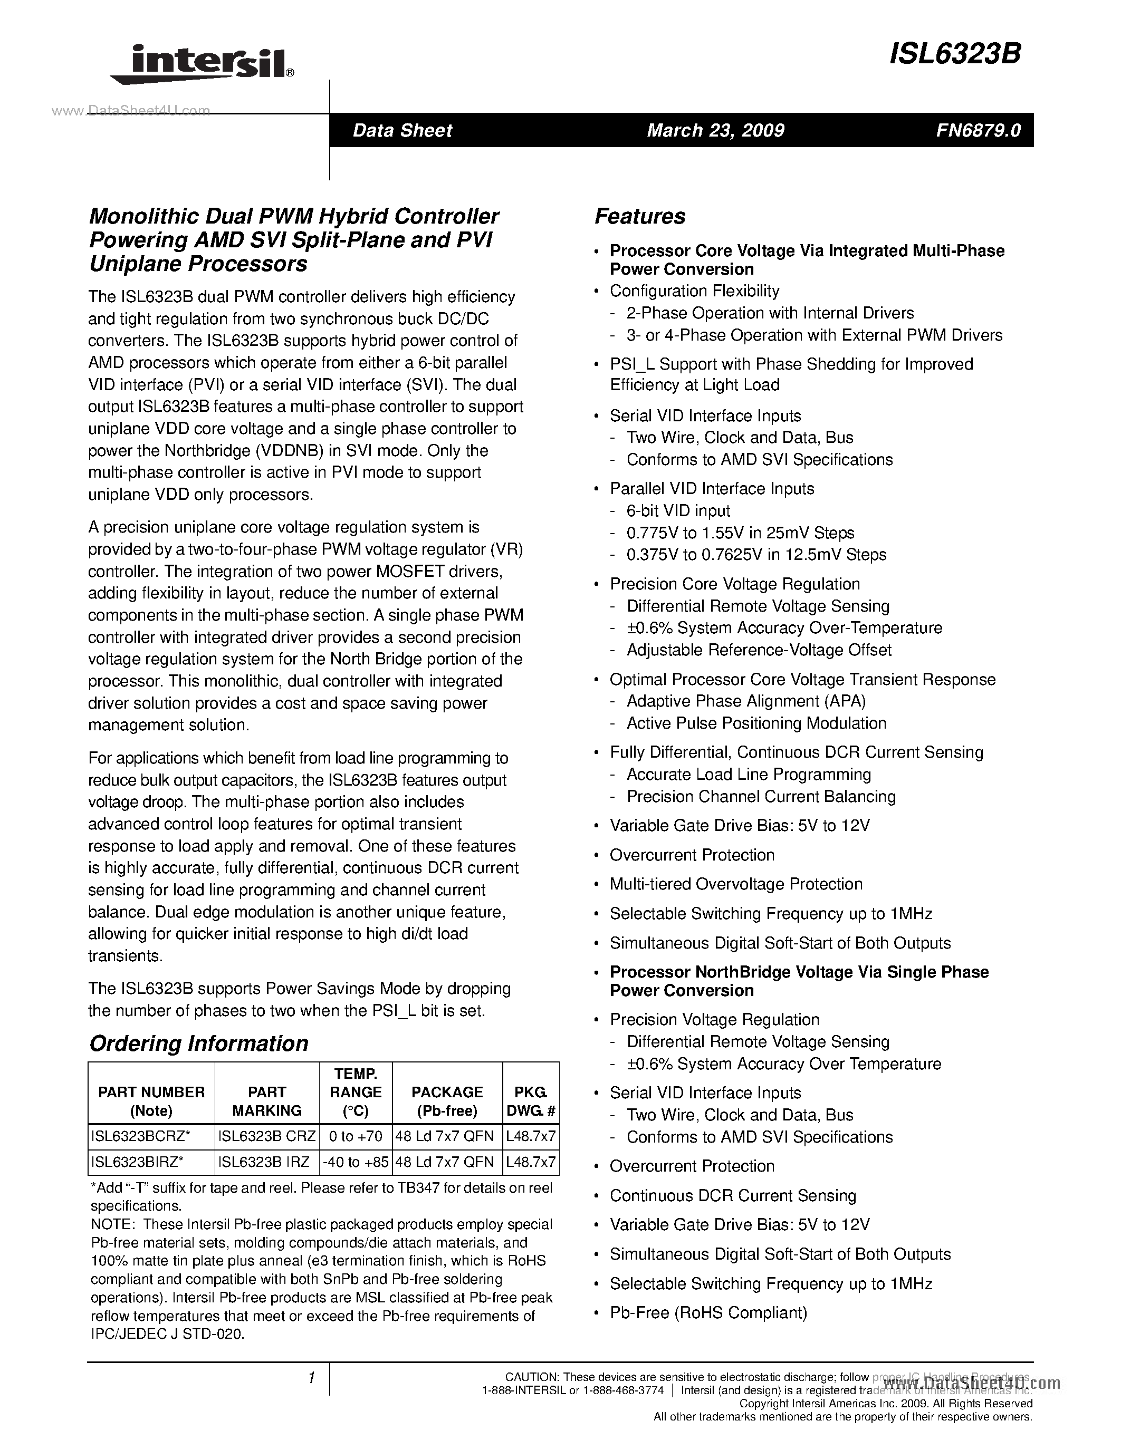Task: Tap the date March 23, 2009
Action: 715,130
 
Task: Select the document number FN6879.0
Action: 978,130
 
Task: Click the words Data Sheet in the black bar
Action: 402,130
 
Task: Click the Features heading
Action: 639,216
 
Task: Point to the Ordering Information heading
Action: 198,1043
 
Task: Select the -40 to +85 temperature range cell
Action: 356,1162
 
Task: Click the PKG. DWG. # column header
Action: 531,1101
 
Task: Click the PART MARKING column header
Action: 267,1101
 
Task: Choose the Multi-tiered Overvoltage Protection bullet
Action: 736,884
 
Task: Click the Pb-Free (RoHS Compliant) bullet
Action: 708,1312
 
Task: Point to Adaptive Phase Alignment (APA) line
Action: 746,701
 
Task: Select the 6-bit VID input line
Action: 678,510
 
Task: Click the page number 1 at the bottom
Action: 311,1378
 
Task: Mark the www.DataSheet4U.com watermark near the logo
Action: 131,110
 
